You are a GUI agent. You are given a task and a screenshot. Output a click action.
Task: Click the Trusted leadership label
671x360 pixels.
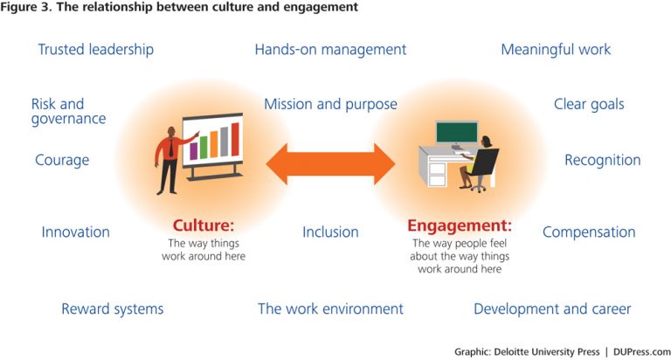(x=96, y=50)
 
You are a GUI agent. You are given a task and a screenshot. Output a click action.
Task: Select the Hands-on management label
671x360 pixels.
(x=330, y=50)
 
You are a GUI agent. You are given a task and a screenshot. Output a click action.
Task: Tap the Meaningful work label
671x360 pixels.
(x=556, y=50)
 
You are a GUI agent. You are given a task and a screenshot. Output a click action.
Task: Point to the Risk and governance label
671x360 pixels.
(x=68, y=111)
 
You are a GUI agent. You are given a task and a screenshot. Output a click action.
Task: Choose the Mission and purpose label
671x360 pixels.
(x=330, y=105)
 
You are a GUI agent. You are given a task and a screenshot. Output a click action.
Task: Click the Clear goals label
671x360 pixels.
(x=589, y=105)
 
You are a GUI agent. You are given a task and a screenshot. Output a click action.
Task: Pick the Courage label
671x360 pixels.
(x=62, y=161)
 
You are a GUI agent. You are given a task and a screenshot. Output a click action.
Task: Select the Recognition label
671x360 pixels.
(x=603, y=161)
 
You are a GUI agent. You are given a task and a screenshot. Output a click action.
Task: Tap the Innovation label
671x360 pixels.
(x=76, y=232)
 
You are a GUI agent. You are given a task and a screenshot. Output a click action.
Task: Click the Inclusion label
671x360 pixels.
(x=330, y=232)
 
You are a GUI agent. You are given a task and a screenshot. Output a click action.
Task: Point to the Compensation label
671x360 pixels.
(x=589, y=232)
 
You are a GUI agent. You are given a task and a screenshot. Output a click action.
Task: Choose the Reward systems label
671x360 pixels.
(x=113, y=309)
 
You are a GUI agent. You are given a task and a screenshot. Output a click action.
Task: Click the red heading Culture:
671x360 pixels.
(x=204, y=225)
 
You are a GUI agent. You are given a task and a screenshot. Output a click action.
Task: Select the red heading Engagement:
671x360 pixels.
(x=460, y=225)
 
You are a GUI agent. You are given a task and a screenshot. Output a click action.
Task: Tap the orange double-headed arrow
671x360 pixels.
(x=330, y=164)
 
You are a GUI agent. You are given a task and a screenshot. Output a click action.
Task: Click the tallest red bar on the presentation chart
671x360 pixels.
(x=235, y=140)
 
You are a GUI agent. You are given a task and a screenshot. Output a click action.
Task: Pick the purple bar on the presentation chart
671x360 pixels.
(x=193, y=151)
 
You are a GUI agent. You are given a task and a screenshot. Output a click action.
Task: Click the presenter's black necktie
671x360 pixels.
(x=171, y=149)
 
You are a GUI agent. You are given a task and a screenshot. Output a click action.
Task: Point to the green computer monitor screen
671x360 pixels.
(x=457, y=132)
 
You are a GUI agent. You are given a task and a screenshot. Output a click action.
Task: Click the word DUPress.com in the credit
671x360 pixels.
(x=642, y=352)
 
